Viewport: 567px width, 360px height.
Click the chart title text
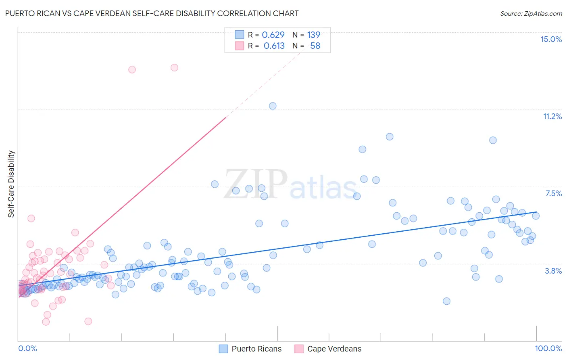152,13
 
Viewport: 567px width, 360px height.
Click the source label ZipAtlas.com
531,13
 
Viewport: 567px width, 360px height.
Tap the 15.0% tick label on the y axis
551,39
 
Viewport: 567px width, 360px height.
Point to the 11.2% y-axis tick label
552,116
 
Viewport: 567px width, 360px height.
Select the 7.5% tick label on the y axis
553,193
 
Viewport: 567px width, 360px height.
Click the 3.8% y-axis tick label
553,271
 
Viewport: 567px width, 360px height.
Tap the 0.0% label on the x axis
27,348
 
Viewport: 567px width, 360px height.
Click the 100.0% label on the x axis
548,348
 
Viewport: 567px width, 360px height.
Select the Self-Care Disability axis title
11,184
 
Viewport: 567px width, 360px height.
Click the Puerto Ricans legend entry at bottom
256,349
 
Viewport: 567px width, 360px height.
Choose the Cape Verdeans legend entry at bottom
334,349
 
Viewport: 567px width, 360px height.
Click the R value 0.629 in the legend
273,35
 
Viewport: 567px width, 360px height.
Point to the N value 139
313,35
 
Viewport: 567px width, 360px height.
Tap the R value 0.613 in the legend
274,46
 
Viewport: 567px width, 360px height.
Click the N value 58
315,46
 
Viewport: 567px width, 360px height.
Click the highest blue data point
273,106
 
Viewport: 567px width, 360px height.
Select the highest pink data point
174,67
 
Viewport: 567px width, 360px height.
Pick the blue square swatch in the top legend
240,35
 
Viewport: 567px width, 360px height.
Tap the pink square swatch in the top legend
240,46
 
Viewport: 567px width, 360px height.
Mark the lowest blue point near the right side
446,301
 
